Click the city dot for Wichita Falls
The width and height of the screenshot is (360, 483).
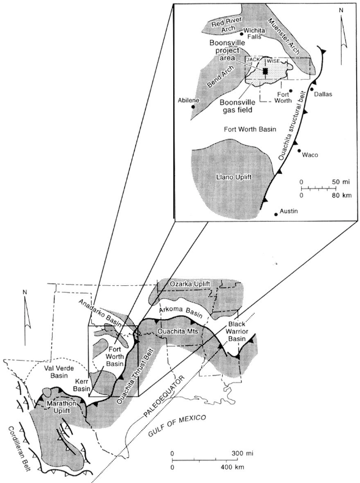(241, 34)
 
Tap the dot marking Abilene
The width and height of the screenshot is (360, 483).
(193, 107)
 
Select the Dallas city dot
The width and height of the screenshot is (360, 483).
(312, 89)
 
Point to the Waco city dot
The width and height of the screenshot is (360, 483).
(299, 151)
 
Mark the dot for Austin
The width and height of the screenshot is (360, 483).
(276, 214)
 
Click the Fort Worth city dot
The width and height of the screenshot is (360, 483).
(291, 91)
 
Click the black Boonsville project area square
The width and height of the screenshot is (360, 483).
(266, 71)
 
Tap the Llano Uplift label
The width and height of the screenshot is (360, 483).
(234, 177)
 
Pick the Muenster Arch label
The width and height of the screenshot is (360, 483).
(283, 36)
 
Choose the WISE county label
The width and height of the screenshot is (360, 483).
(273, 61)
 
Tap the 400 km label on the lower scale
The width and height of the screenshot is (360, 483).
(233, 467)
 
